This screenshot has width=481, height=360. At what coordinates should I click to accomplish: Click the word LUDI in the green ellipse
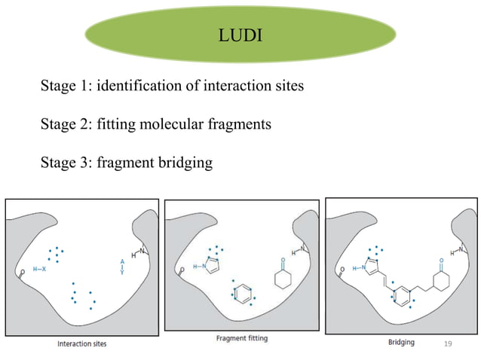[240, 34]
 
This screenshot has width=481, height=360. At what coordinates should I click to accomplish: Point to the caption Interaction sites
[82, 343]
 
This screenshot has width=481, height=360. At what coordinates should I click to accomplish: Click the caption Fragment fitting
[241, 339]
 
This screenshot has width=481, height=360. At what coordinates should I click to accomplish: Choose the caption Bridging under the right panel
[400, 342]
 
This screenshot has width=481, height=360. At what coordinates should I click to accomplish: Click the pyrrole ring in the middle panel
[213, 264]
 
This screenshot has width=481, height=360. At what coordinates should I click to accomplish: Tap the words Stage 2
[63, 124]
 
